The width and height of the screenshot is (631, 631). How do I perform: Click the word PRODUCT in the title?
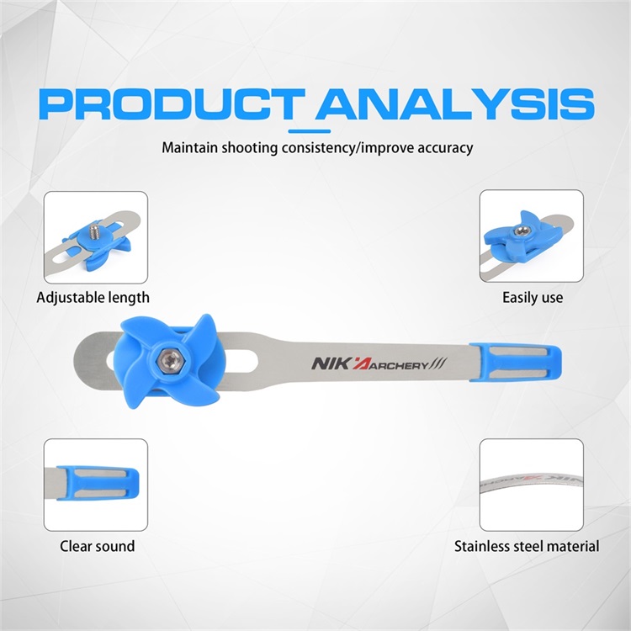tap(172, 104)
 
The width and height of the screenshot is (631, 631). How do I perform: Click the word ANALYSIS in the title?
tap(455, 104)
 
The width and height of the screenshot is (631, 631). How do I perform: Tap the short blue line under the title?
tap(310, 131)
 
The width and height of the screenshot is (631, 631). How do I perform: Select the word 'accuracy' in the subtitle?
tap(445, 148)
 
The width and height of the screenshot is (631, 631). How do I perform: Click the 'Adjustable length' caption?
tap(93, 298)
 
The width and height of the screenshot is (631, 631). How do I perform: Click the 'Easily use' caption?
tap(533, 298)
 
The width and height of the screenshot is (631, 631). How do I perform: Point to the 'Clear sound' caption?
tap(98, 546)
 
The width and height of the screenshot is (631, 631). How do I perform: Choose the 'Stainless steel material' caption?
tap(527, 546)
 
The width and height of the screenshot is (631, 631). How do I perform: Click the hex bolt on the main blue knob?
tap(169, 360)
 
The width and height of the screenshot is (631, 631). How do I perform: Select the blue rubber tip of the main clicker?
tap(516, 362)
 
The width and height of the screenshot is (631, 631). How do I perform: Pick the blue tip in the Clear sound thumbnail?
tap(98, 483)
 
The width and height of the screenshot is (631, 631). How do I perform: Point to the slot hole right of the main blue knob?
tap(241, 362)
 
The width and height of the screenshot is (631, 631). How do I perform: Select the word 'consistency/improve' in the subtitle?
tap(347, 148)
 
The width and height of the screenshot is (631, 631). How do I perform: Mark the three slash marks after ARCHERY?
tap(438, 363)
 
